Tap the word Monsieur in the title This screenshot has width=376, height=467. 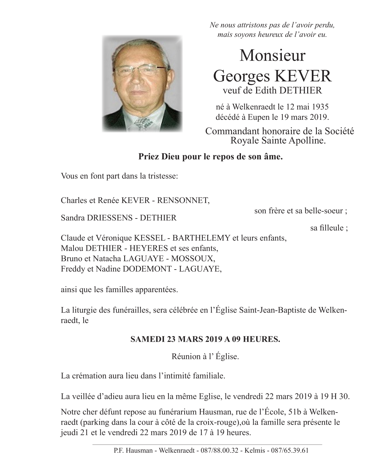(273, 56)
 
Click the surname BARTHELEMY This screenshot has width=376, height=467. (201, 238)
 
